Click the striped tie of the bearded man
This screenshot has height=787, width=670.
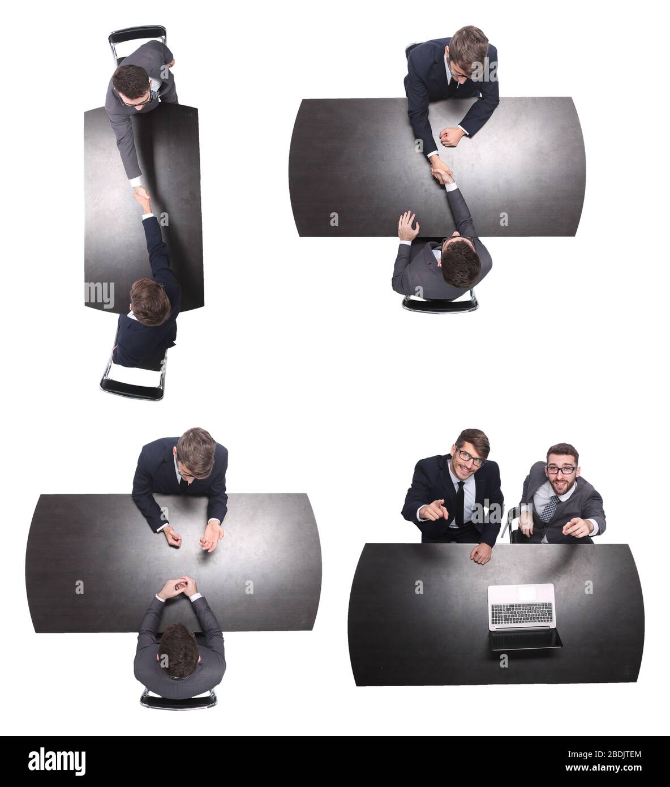[x=549, y=508]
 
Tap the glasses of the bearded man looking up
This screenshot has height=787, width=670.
[x=561, y=470]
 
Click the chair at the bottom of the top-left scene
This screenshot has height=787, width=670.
[x=131, y=380]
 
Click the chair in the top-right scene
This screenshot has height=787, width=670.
[x=440, y=305]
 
